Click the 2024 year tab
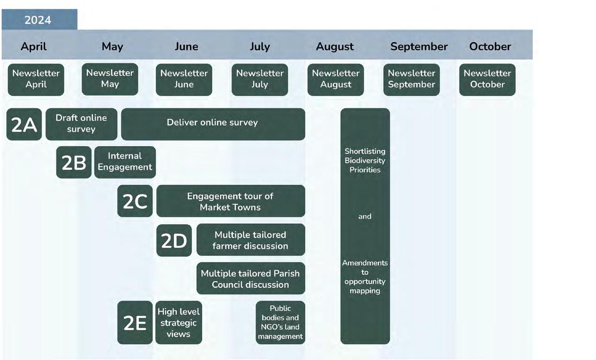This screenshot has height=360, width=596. (x=39, y=20)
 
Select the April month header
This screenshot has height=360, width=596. (x=34, y=46)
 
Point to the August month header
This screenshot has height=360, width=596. (x=335, y=46)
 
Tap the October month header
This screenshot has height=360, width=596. (x=490, y=46)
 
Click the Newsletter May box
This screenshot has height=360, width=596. (x=110, y=79)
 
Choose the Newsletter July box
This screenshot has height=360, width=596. (x=260, y=79)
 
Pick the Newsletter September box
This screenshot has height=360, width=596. (x=411, y=79)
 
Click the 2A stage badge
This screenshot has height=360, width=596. (x=24, y=124)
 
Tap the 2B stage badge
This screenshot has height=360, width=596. (x=74, y=162)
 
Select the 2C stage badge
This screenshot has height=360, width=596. (x=135, y=201)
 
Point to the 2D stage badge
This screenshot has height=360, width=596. (x=174, y=240)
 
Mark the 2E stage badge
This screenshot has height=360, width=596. (x=135, y=323)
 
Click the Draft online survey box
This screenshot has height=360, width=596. (x=81, y=124)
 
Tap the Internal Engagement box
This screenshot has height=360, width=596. (x=125, y=162)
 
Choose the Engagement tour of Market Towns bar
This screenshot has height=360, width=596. (x=230, y=201)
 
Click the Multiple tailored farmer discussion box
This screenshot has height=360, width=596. (x=251, y=240)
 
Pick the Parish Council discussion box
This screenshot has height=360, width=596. (x=251, y=278)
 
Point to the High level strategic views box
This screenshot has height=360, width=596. (x=179, y=323)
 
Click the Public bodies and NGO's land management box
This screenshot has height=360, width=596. (x=280, y=323)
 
